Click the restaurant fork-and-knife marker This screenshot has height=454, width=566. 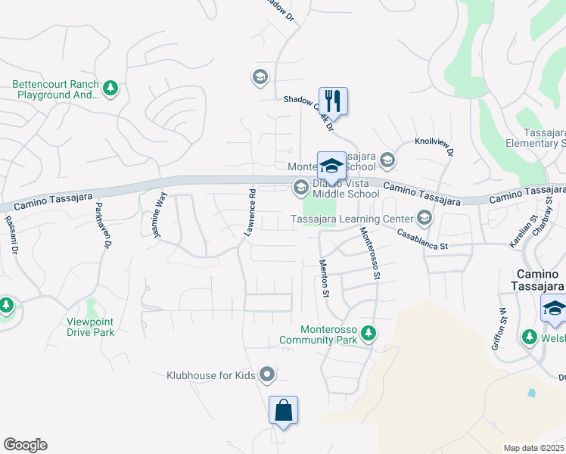click(x=333, y=100)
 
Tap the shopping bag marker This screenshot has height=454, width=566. click(x=283, y=411)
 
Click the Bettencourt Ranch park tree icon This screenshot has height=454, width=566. click(x=110, y=89)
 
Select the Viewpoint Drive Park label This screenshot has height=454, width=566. click(x=89, y=327)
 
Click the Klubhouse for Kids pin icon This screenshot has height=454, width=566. click(x=266, y=375)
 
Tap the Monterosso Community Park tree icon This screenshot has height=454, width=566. click(x=369, y=333)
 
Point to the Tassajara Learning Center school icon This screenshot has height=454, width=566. click(x=424, y=219)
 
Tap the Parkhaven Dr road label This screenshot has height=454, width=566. click(x=103, y=225)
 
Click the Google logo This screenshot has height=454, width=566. click(x=25, y=444)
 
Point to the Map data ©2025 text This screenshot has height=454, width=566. click(x=533, y=448)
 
